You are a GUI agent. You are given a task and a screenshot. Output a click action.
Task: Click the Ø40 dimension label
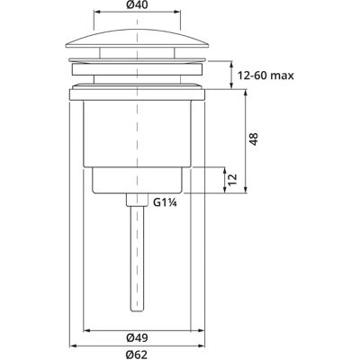[x=137, y=5]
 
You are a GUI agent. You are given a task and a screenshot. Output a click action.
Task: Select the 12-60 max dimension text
[x=265, y=76]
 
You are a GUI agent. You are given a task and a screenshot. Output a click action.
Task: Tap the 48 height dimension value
[x=254, y=139]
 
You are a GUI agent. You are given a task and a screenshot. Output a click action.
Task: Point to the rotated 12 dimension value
[x=233, y=180]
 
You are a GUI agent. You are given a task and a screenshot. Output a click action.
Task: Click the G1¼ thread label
[x=164, y=202]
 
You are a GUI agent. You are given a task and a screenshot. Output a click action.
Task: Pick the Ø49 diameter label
[x=137, y=338]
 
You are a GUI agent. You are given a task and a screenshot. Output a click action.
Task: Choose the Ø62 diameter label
[x=137, y=355]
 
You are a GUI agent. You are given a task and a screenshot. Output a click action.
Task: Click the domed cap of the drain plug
[x=137, y=38]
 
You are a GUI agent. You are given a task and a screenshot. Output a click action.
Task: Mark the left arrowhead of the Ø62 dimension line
[x=72, y=346]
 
